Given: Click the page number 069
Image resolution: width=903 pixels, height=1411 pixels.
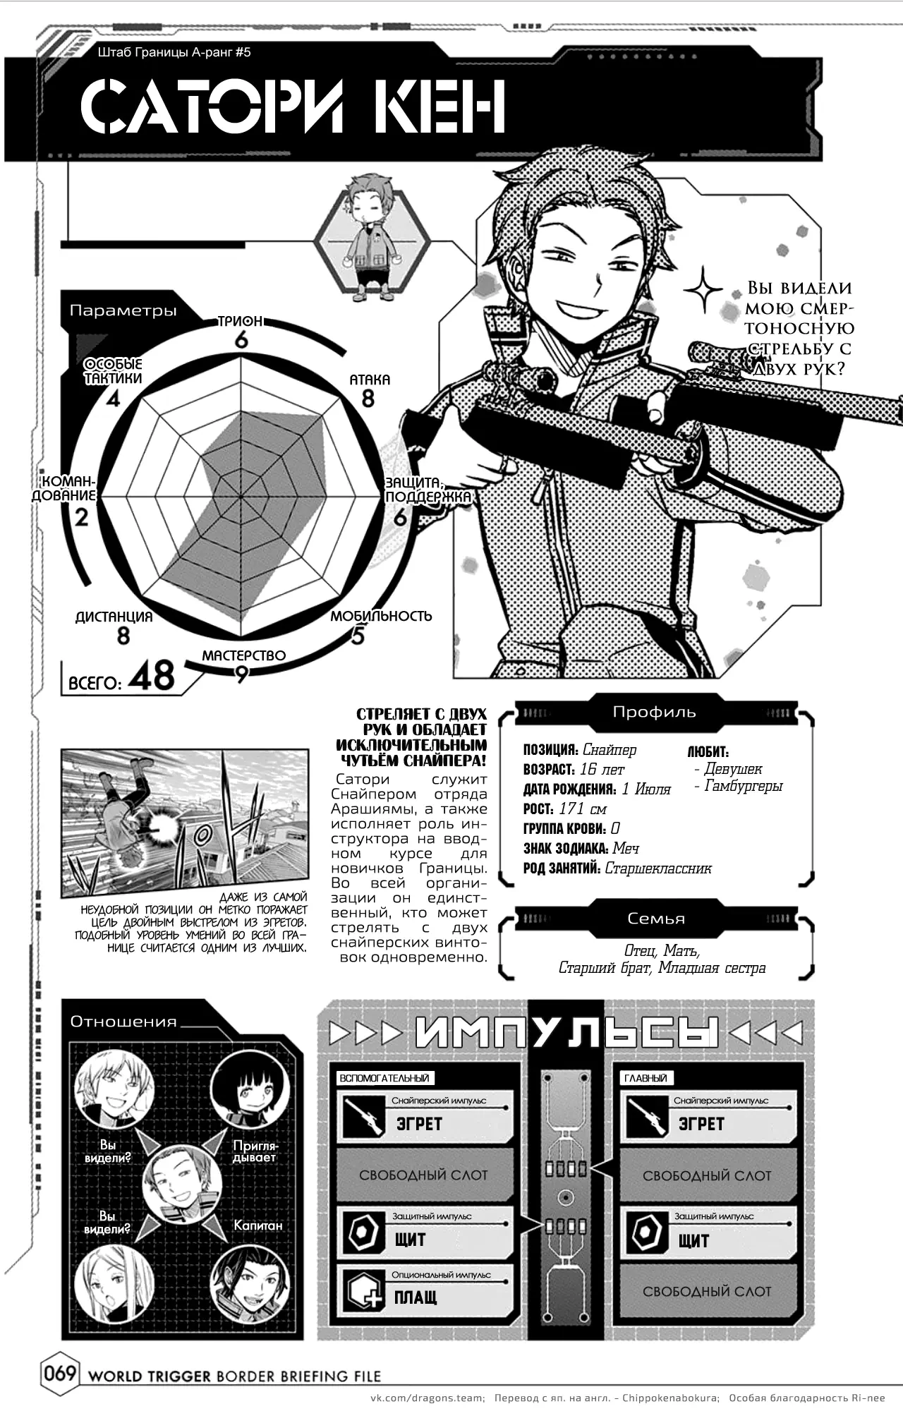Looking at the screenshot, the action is (61, 1375).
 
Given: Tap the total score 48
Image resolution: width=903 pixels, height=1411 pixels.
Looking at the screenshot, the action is (152, 675).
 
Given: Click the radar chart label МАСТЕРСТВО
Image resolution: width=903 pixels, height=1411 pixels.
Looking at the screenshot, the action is (244, 655).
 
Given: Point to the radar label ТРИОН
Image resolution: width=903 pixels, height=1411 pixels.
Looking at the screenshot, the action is (241, 322).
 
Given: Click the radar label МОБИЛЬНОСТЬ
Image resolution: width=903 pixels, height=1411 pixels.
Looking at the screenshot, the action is (381, 616).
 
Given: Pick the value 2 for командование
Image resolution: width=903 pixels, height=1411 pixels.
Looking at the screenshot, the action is (82, 517).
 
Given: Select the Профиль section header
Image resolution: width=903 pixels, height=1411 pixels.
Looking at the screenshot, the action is (654, 712).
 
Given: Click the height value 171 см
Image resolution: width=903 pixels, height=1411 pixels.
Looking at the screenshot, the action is (582, 809).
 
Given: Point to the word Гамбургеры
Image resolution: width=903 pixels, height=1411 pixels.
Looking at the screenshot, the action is (744, 786).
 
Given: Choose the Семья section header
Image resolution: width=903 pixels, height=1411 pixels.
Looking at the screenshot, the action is (656, 919).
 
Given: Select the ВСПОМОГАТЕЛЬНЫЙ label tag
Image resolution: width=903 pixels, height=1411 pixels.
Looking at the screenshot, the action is (384, 1078).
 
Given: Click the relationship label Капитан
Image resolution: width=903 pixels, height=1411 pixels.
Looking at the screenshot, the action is (258, 1225).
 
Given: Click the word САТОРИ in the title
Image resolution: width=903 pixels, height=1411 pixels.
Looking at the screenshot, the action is (212, 107).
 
